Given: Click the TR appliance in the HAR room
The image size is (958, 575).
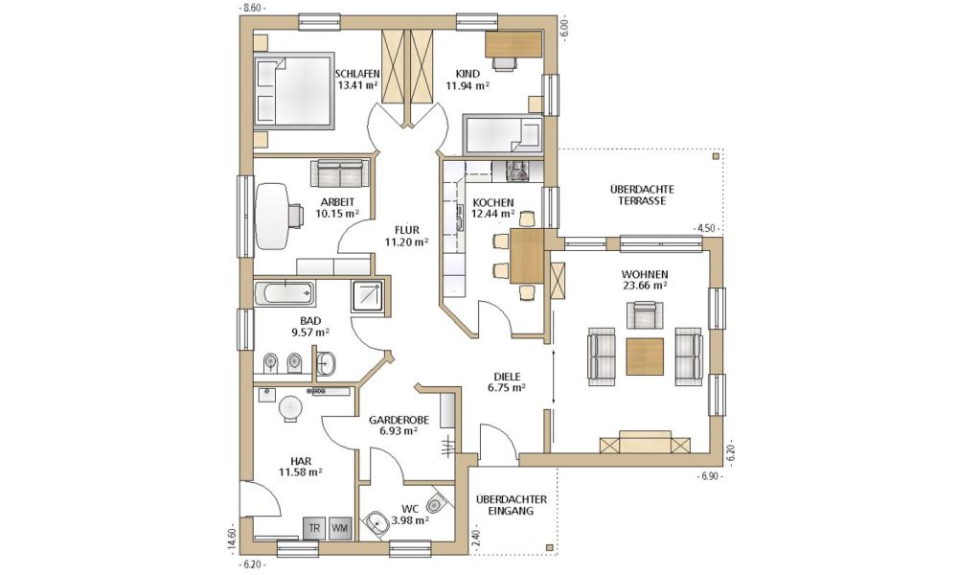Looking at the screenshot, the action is [314, 528].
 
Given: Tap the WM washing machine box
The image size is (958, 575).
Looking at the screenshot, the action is [340, 528].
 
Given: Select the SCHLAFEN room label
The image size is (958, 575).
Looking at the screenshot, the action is [357, 74].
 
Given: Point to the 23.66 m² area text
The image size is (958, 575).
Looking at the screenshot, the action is [645, 285].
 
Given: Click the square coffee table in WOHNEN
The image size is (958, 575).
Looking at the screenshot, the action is [645, 356].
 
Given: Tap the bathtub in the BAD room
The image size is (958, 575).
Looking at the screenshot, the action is [285, 294].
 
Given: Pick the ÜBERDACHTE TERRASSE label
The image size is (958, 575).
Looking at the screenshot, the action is [642, 195].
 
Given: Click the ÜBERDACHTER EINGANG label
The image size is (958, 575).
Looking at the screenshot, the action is [512, 505].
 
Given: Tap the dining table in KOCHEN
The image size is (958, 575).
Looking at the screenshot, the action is [527, 256].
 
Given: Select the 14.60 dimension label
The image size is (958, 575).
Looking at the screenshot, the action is [232, 540].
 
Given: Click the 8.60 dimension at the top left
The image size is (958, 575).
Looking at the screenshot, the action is [252, 8].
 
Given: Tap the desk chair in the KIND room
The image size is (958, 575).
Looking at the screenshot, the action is [504, 64].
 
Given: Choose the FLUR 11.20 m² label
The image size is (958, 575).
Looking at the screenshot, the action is [406, 236].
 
